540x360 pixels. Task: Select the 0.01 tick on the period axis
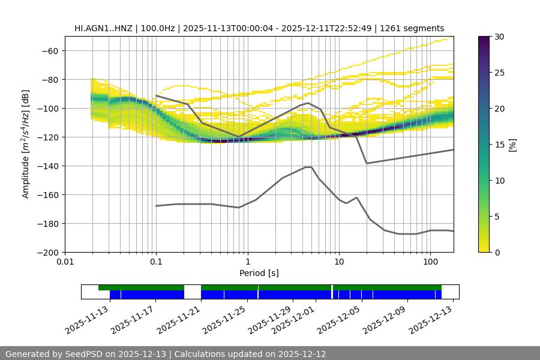point(65,262)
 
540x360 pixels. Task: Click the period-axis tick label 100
point(430,262)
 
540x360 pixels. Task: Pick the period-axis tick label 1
point(247,262)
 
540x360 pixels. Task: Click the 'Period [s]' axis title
point(259,273)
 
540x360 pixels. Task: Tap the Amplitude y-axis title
point(26,144)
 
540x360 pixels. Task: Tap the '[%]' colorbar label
point(512,145)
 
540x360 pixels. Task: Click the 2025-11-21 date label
point(178,320)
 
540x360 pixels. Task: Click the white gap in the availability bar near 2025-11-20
point(193,292)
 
